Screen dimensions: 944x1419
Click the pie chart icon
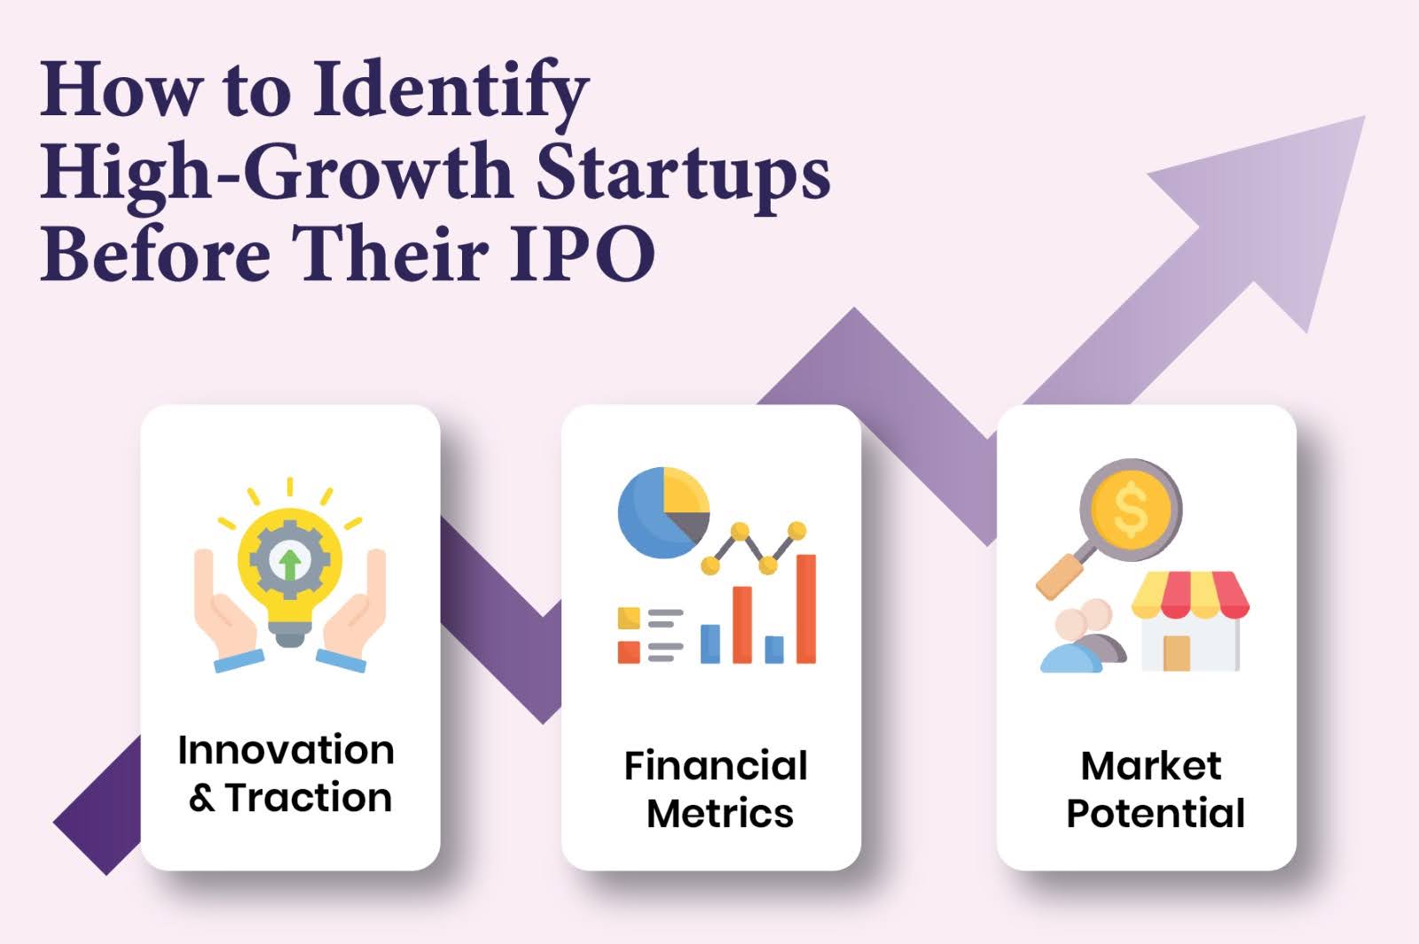[x=662, y=512]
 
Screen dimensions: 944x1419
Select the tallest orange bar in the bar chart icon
[x=805, y=608]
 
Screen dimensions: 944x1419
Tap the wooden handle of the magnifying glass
[x=1060, y=576]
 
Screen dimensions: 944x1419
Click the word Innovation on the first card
[x=286, y=750]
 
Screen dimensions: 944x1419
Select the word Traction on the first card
[x=308, y=798]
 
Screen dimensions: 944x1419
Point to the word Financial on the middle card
[x=715, y=766]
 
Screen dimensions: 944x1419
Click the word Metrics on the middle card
[x=719, y=814]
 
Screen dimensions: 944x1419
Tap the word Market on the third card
[x=1150, y=766]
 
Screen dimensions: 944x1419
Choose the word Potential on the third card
[x=1155, y=814]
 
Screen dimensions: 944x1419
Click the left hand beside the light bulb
[x=222, y=612]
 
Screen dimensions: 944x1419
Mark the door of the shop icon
[x=1176, y=652]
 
